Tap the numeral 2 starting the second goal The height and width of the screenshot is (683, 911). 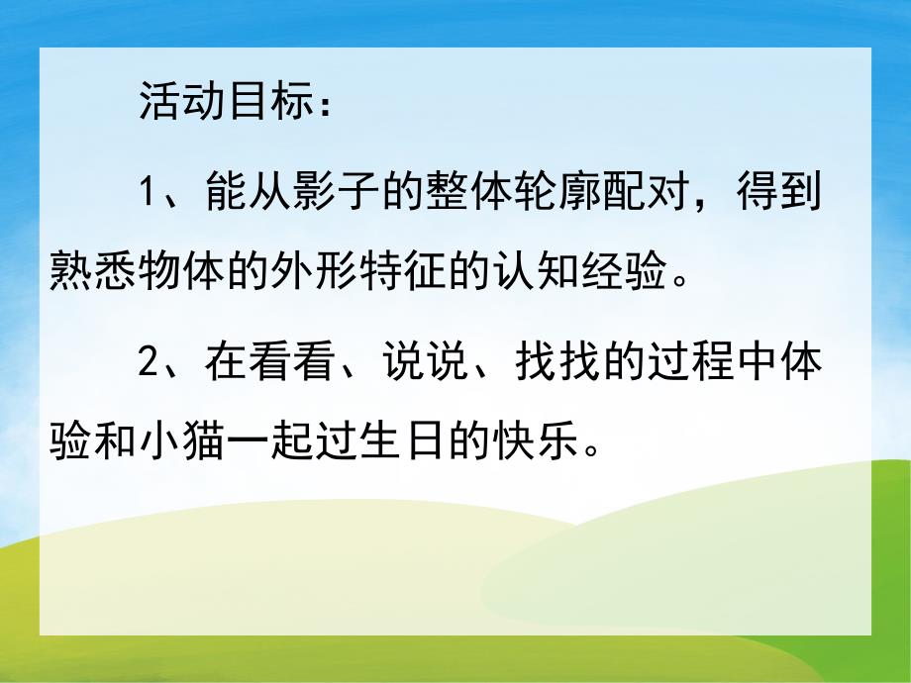148,363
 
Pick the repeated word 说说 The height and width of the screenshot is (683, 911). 427,363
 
